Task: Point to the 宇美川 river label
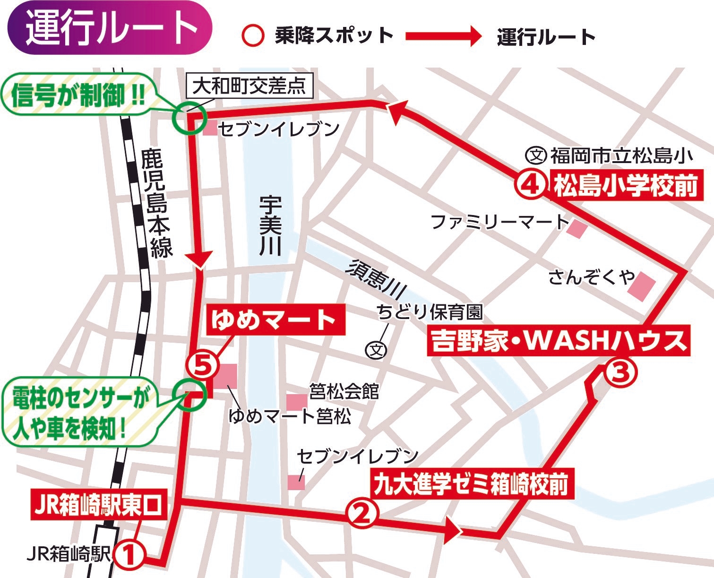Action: click(x=270, y=226)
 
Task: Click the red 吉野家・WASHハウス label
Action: click(x=558, y=340)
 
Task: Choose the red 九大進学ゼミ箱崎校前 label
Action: click(x=472, y=484)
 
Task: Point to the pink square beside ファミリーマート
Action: click(x=577, y=229)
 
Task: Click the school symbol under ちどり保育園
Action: click(x=377, y=350)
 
